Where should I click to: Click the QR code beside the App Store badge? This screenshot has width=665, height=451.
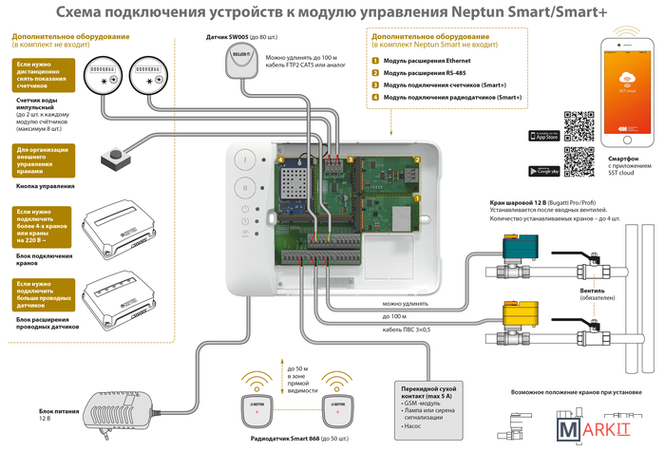pos(579,126)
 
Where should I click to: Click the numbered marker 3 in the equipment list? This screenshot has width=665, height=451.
pos(375,85)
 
